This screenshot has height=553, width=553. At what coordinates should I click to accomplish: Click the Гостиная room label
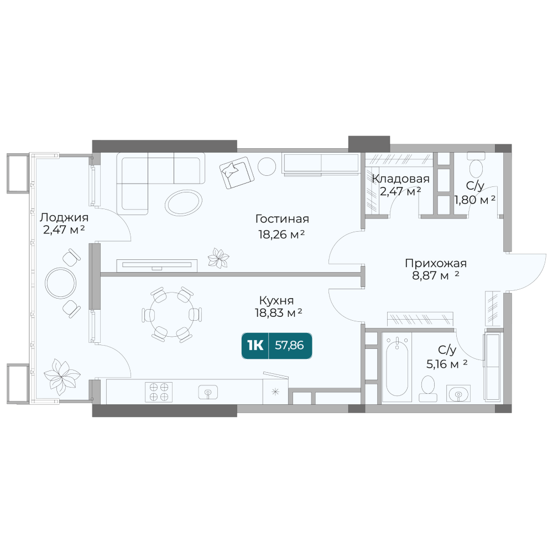(x=282, y=219)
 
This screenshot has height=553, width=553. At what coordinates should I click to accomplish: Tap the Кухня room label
(x=276, y=300)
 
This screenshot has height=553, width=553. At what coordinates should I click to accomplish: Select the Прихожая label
(x=436, y=263)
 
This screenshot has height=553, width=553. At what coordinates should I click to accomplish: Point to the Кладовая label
(x=401, y=179)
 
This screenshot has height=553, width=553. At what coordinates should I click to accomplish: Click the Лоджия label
(x=64, y=217)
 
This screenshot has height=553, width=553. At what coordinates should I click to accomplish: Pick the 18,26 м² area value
(x=281, y=234)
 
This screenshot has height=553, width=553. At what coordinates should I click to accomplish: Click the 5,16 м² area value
(x=446, y=364)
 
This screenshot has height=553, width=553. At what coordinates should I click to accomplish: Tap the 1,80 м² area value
(x=474, y=200)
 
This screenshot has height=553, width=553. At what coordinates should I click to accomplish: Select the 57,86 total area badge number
(x=289, y=345)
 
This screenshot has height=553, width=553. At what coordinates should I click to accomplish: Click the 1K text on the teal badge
(x=255, y=346)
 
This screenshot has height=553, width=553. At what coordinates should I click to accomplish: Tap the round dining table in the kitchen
(x=172, y=314)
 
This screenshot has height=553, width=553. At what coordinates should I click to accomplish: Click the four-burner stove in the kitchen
(x=159, y=392)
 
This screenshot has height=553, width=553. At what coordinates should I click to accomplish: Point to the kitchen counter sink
(x=208, y=392)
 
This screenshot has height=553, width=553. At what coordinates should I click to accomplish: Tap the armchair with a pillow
(x=236, y=173)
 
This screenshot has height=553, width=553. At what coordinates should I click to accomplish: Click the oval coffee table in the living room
(x=184, y=202)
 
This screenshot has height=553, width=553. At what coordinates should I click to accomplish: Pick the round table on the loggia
(x=61, y=283)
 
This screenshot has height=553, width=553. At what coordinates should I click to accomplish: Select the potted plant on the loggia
(x=62, y=376)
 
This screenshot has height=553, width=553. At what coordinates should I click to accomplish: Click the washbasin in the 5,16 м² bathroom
(x=458, y=393)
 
